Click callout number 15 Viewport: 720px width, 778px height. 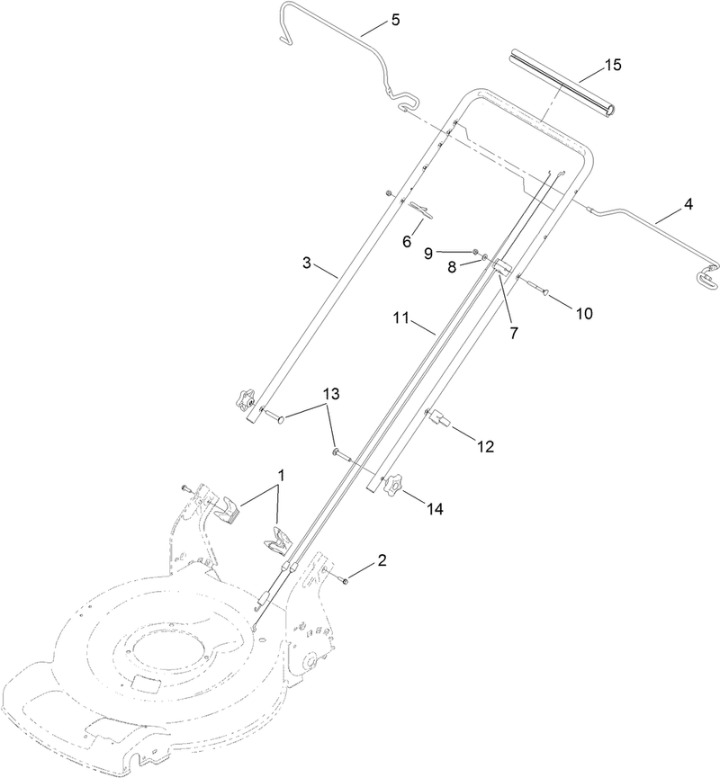(613, 66)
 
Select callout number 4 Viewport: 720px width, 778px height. (688, 204)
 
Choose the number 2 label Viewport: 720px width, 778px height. (382, 560)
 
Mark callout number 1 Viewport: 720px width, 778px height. (281, 473)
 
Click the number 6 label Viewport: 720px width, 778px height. (406, 241)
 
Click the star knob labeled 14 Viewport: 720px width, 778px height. (391, 487)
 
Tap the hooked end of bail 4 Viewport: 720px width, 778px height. (706, 279)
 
